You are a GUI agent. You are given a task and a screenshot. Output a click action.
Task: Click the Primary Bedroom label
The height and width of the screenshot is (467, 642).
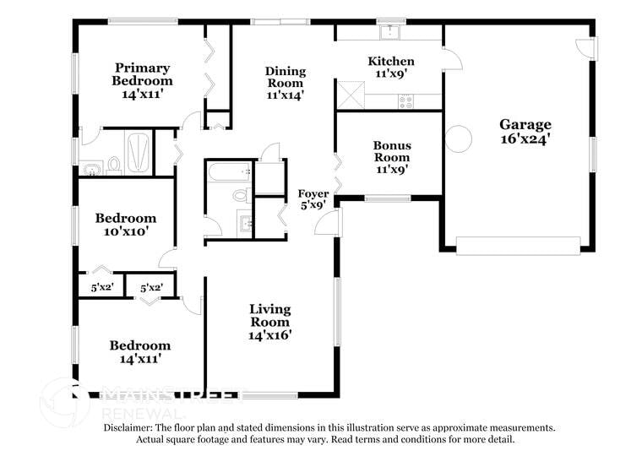142,81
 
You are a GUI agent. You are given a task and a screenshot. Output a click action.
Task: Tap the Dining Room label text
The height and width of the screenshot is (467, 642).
285,83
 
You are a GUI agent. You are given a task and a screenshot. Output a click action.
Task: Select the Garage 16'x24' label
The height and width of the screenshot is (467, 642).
525,133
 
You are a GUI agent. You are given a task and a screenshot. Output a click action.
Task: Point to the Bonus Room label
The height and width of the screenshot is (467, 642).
391,157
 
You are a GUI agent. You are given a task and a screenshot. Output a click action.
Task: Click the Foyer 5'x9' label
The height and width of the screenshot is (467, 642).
313,199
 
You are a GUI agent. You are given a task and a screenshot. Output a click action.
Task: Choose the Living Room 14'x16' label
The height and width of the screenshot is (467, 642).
269,322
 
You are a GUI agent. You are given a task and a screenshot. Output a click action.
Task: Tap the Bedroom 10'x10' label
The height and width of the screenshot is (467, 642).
125,224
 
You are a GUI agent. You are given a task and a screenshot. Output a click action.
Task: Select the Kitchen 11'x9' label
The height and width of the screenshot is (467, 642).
390,67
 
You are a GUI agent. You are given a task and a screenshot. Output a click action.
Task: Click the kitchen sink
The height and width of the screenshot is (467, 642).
389,32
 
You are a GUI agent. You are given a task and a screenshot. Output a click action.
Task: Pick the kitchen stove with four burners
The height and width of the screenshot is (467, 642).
406,101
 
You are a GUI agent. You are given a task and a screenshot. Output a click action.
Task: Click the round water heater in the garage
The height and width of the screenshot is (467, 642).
458,138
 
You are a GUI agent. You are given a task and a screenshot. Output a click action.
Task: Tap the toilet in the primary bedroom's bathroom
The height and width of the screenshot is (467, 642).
113,164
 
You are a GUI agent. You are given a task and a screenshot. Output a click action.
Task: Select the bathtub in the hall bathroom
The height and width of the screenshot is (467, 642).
229,174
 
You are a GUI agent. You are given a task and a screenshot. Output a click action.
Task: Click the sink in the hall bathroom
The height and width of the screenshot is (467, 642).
244,223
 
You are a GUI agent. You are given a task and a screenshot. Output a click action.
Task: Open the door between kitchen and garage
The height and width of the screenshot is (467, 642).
452,57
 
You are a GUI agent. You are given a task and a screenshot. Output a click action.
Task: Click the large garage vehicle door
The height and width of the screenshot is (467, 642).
518,246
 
